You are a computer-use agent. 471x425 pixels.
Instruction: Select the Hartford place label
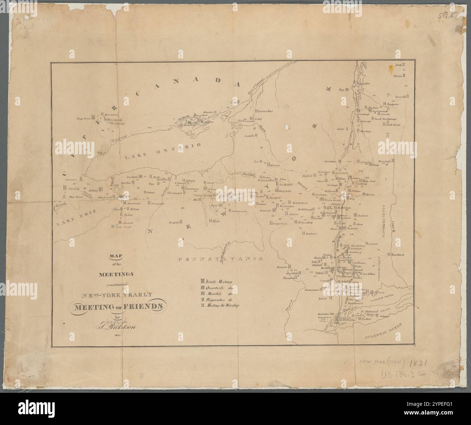[398, 255]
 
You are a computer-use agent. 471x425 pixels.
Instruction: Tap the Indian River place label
[264, 112]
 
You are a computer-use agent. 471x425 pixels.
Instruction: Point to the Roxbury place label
[311, 234]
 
